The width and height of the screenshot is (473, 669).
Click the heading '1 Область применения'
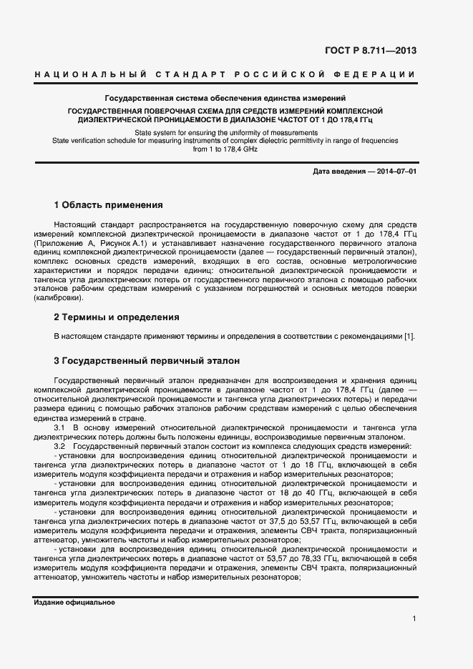click(x=108, y=205)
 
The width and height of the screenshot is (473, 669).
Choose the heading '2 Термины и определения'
click(x=117, y=317)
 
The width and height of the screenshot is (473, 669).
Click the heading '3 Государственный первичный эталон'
click(x=147, y=361)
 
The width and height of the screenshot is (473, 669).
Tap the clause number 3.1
click(x=61, y=427)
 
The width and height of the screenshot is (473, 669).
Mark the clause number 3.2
click(x=61, y=446)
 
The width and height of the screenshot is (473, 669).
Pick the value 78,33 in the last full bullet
click(x=309, y=558)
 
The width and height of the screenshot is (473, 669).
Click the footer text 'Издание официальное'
click(x=74, y=603)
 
